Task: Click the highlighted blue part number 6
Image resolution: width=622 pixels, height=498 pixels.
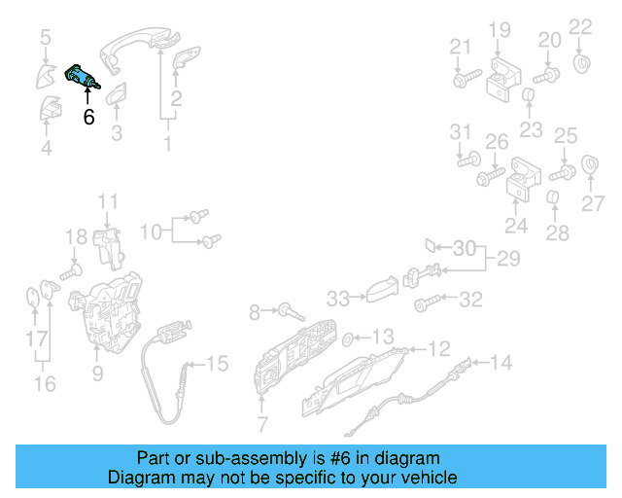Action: [x=80, y=78]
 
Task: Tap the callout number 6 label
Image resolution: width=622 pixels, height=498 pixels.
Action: [x=88, y=117]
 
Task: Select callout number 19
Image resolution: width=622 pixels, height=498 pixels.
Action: [x=499, y=30]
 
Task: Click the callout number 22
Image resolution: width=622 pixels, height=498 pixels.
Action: [x=579, y=26]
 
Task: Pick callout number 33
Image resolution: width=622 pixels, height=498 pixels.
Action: [x=337, y=297]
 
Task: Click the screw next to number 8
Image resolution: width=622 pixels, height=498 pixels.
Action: [x=289, y=313]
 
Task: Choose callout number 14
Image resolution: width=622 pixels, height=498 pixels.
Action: [x=500, y=363]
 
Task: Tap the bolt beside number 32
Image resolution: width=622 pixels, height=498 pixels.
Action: [x=425, y=304]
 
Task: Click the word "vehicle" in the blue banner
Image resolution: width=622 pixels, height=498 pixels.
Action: [x=425, y=478]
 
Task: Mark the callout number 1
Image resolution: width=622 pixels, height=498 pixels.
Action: [x=167, y=144]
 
